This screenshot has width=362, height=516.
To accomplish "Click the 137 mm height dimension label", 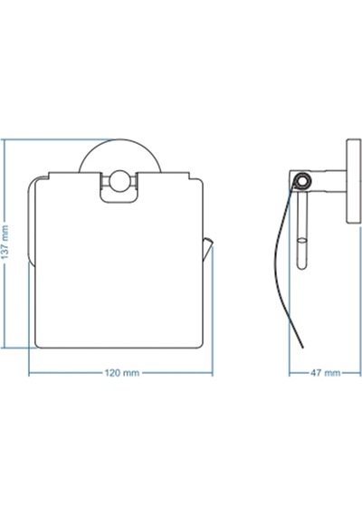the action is coord(5,242).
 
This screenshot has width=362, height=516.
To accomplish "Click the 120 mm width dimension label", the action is coord(122,373).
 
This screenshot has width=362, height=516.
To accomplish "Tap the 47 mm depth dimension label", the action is coord(326,373).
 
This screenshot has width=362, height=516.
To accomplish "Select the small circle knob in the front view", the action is coord(119,181).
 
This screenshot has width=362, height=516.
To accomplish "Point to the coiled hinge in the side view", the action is coord(301,181).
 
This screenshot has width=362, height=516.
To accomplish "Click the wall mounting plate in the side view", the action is coord(354,181).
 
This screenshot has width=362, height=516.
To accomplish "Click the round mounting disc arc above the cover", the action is coord(119,139).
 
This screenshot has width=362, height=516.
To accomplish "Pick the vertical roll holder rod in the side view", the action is coord(301,230).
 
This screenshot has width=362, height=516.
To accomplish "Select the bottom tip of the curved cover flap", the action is coord(303,348).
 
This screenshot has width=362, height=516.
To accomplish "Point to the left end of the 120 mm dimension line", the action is coord(29,373).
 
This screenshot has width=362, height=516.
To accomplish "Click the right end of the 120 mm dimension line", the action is coord(213,373).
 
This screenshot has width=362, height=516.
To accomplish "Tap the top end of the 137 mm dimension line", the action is coord(5,139).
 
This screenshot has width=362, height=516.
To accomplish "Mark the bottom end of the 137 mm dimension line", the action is coord(5,348).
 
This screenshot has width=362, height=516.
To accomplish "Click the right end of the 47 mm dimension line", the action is coord(361,373).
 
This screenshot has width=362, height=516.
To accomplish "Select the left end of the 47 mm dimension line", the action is coord(290,373).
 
